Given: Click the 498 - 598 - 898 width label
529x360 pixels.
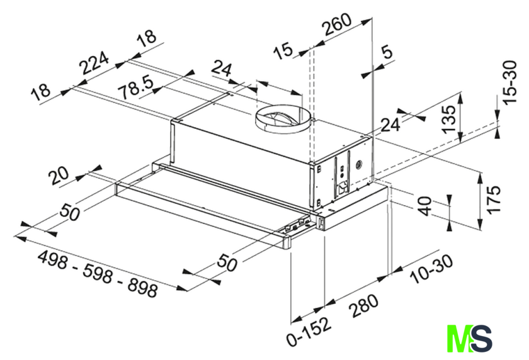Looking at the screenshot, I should pos(98,274).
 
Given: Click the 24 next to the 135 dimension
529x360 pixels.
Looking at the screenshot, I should pos(390,125).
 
